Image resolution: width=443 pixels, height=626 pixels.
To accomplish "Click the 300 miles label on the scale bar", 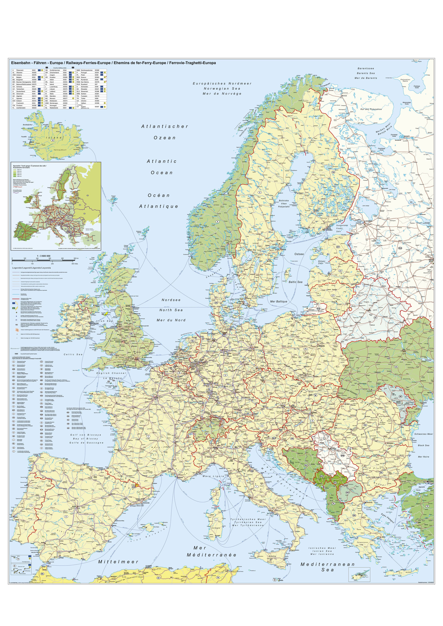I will [75, 264].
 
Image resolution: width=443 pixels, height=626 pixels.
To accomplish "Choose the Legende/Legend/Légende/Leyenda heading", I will [31, 268].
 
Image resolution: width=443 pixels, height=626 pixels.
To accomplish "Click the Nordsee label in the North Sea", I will [171, 300].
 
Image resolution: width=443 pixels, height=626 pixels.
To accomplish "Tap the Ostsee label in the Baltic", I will [299, 254].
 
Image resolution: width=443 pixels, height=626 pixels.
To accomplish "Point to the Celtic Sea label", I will [73, 354].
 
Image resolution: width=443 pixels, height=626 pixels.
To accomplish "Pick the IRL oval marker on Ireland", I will [78, 323].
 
